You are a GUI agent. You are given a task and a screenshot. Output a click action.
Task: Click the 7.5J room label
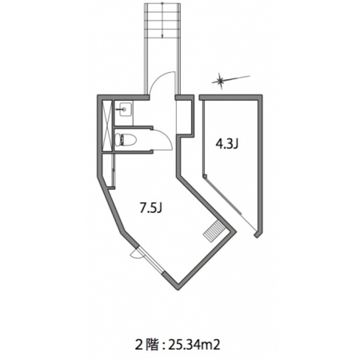click(150, 208)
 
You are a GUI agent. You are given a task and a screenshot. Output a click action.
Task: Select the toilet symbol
click(126, 140)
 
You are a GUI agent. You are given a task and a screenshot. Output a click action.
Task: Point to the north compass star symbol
click(221, 81)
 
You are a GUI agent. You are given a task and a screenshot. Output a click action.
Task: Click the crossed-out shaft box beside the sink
click(107, 126)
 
